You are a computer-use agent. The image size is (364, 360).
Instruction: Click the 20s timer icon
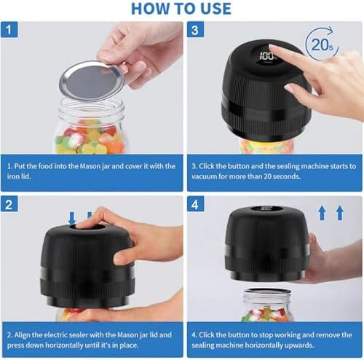[x=323, y=46]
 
